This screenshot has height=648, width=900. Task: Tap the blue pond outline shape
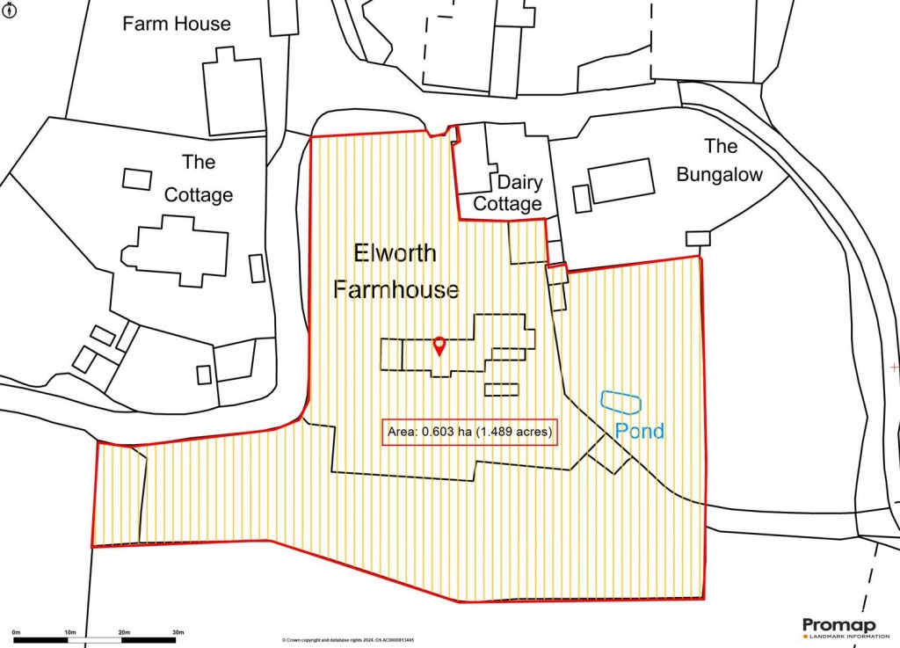[x=621, y=402]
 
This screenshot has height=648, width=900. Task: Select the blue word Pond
[x=639, y=431]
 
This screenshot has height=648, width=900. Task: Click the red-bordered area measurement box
[x=471, y=432]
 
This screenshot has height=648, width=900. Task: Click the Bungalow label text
[x=719, y=160]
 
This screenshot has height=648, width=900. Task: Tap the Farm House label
[x=177, y=24]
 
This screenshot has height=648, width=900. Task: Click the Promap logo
[x=838, y=627]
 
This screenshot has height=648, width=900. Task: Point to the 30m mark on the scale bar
[x=178, y=633]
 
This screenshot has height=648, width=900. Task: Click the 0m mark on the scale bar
[x=16, y=633]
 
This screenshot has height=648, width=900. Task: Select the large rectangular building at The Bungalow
[x=621, y=181]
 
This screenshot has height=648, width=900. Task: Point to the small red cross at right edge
[x=895, y=366]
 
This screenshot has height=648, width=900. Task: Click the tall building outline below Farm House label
[x=233, y=92]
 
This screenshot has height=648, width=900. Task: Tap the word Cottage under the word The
[x=199, y=195]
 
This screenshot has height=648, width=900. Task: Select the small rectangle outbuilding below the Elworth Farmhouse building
[x=501, y=389]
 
